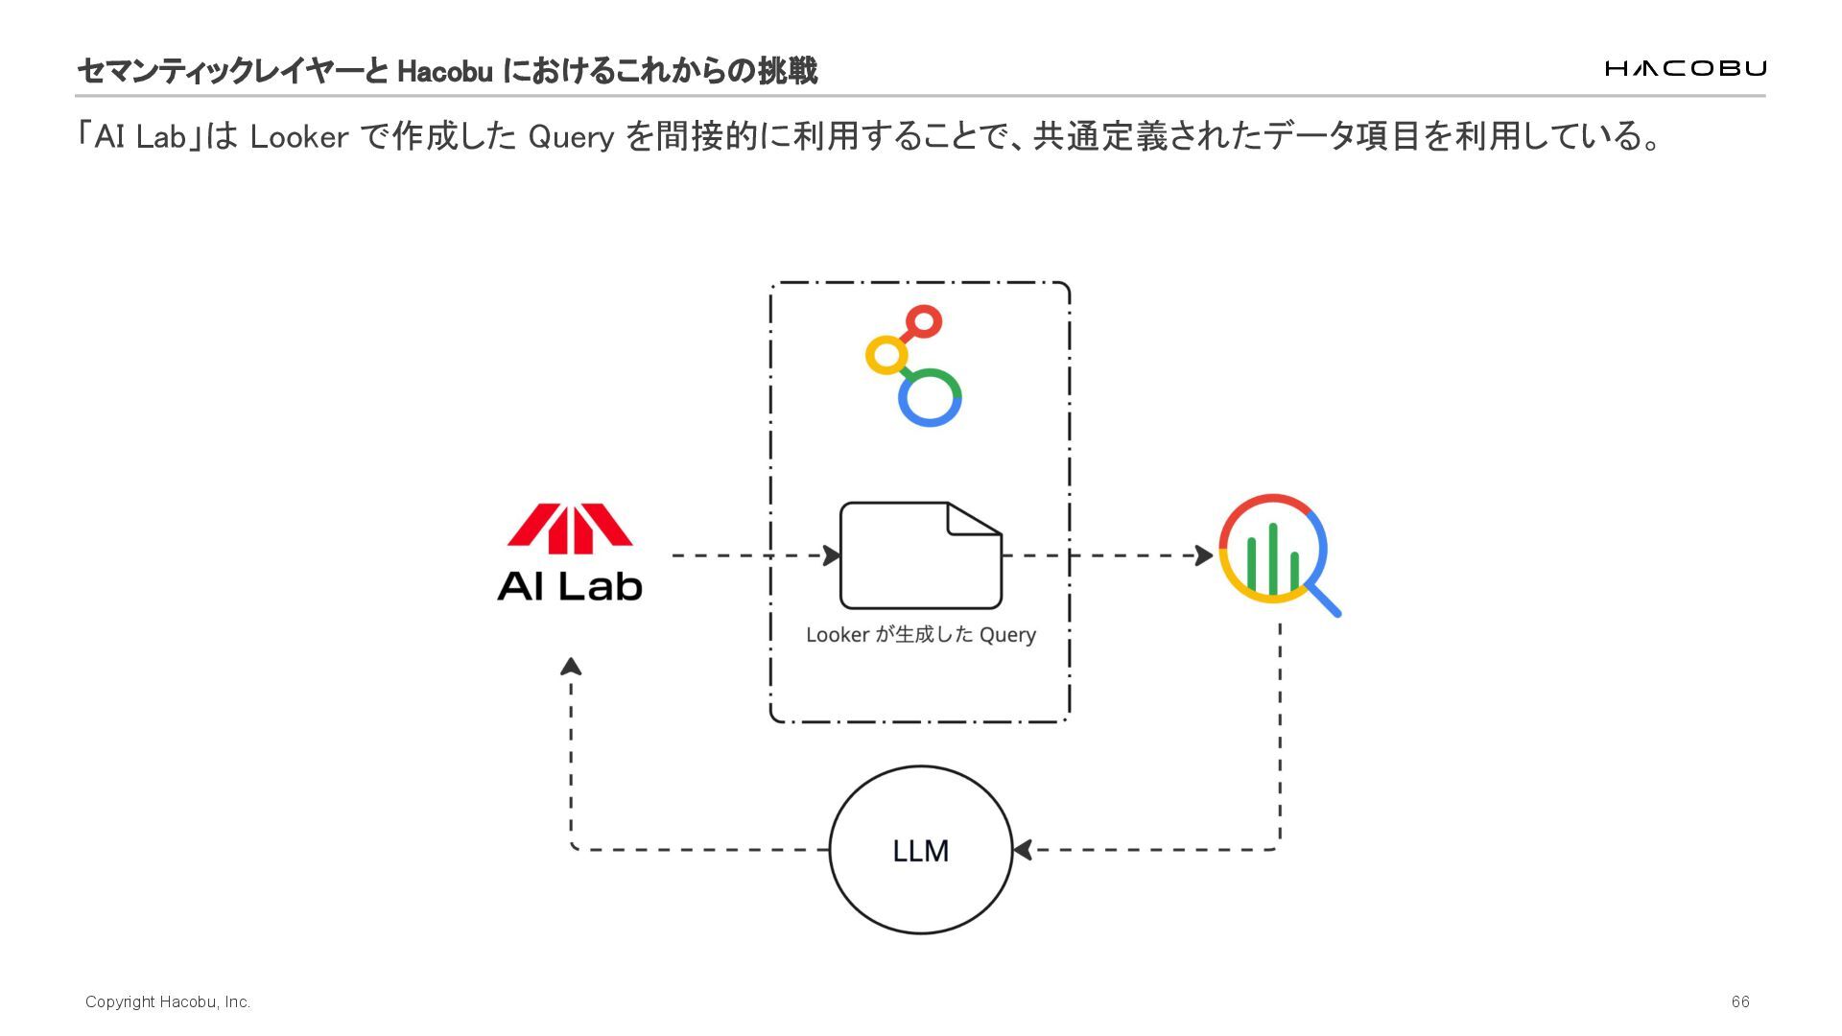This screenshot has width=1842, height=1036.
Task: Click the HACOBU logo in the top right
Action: click(1685, 68)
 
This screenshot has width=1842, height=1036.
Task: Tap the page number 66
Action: click(1740, 1001)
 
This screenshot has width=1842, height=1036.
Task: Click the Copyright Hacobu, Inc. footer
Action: click(168, 1001)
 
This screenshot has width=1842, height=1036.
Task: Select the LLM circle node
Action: click(921, 850)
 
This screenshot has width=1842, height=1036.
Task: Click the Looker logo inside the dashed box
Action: click(914, 366)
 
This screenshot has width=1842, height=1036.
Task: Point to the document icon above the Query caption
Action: click(920, 555)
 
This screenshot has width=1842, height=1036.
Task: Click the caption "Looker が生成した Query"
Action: click(921, 635)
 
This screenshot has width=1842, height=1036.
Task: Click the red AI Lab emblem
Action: click(570, 529)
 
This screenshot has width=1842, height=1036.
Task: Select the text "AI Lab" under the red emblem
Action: click(570, 586)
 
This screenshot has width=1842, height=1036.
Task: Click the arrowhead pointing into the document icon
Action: click(832, 555)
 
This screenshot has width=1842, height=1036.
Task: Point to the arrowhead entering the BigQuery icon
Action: click(1204, 555)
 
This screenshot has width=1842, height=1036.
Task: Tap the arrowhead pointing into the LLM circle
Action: click(1023, 850)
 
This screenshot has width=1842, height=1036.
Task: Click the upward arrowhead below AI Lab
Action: click(571, 666)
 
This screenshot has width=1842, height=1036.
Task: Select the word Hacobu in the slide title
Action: click(445, 71)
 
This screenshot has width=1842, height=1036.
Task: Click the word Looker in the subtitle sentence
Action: click(298, 137)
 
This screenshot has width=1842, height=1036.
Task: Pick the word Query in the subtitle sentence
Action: click(571, 137)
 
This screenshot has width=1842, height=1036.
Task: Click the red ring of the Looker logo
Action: click(924, 321)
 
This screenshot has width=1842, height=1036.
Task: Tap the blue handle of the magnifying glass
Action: click(1325, 600)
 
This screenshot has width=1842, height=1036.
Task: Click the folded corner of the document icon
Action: click(971, 519)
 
